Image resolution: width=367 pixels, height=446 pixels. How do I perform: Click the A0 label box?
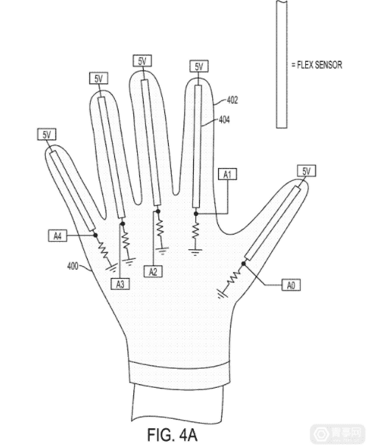[291, 285]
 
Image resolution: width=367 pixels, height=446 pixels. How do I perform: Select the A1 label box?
[228, 174]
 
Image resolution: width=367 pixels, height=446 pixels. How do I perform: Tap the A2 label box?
[153, 271]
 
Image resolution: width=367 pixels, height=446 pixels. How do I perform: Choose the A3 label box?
[120, 284]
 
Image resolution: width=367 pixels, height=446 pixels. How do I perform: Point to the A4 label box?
[57, 236]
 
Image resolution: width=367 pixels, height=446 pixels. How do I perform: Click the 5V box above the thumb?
[307, 171]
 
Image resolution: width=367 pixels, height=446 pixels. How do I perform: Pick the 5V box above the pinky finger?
[47, 134]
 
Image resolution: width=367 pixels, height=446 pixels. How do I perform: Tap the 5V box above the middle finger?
[142, 61]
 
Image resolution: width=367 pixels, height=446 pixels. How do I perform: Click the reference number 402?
[232, 100]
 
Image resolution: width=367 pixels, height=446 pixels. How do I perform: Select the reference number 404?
[224, 119]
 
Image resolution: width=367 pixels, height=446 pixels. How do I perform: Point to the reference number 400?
[73, 266]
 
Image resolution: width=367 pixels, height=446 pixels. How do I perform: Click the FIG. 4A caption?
[172, 433]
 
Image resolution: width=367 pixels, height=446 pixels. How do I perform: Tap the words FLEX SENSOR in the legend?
[319, 65]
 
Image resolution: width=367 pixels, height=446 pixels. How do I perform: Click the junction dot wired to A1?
[195, 214]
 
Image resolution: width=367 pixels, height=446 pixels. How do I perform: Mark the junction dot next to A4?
[96, 235]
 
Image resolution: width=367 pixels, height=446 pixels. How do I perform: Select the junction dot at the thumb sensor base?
[244, 264]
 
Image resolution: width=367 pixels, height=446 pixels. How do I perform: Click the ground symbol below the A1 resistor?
[195, 251]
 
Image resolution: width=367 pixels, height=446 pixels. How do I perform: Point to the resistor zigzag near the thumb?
[234, 278]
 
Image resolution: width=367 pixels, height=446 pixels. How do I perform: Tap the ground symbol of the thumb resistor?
[222, 293]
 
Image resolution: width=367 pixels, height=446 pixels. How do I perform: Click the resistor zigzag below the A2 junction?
[160, 227]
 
